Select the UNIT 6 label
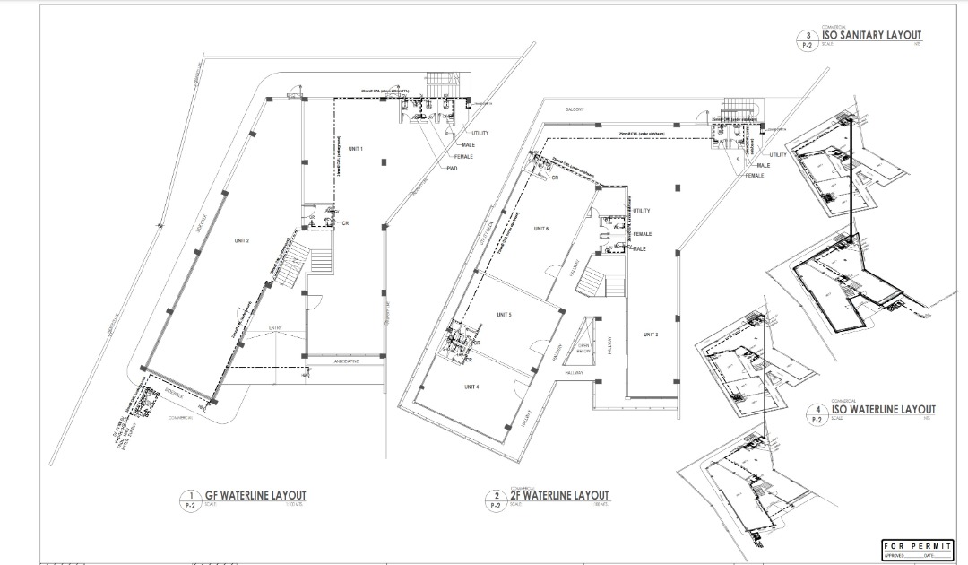(x=540, y=230)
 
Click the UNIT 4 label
(x=471, y=386)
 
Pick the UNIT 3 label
(x=651, y=335)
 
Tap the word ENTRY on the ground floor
(x=274, y=328)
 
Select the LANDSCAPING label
(x=345, y=361)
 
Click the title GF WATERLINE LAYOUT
(x=255, y=495)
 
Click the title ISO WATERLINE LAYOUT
(x=883, y=409)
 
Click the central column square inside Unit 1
(x=384, y=161)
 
